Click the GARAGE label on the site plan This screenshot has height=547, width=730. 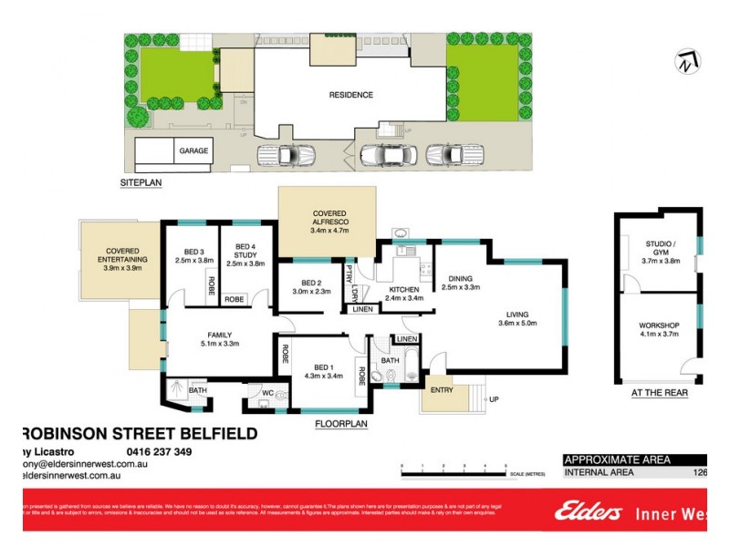coord(193,151)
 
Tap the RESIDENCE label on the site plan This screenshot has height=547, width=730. coord(351,95)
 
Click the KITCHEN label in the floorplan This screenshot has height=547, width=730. coord(403,290)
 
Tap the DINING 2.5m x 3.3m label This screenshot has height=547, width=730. coord(460,283)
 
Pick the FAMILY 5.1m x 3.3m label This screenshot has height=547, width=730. coord(218,338)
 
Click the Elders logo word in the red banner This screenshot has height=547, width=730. coord(589,512)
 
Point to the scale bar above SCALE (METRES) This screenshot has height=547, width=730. coord(454,472)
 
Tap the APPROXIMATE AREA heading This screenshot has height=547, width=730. coord(618,459)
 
